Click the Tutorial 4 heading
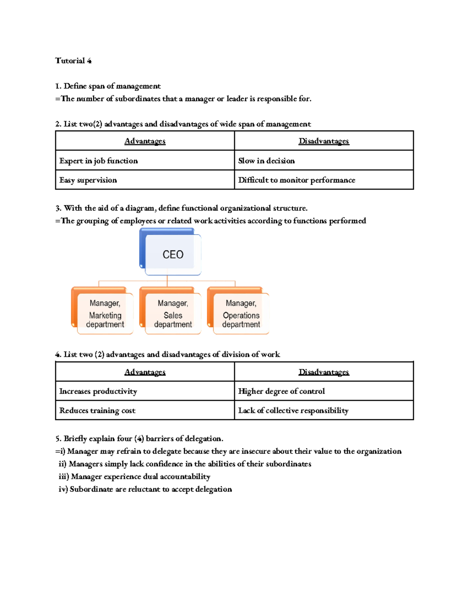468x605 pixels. click(73, 61)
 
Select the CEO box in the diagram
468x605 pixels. click(173, 254)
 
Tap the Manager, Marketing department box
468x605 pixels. click(105, 314)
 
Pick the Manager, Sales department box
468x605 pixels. click(173, 314)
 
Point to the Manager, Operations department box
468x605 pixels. click(241, 314)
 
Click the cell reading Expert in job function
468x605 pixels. click(99, 161)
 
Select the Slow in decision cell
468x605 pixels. click(266, 161)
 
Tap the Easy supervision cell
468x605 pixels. click(88, 180)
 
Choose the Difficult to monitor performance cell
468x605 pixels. click(296, 180)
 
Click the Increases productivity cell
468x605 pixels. click(98, 391)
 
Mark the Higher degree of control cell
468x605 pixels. click(281, 391)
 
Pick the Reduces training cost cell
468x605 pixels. click(97, 411)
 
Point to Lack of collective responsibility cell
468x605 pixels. click(293, 411)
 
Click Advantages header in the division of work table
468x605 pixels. click(145, 372)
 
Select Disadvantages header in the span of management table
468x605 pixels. click(324, 141)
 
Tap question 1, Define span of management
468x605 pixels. click(108, 86)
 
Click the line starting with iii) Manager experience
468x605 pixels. click(135, 476)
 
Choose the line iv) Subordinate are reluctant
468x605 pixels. click(145, 489)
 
